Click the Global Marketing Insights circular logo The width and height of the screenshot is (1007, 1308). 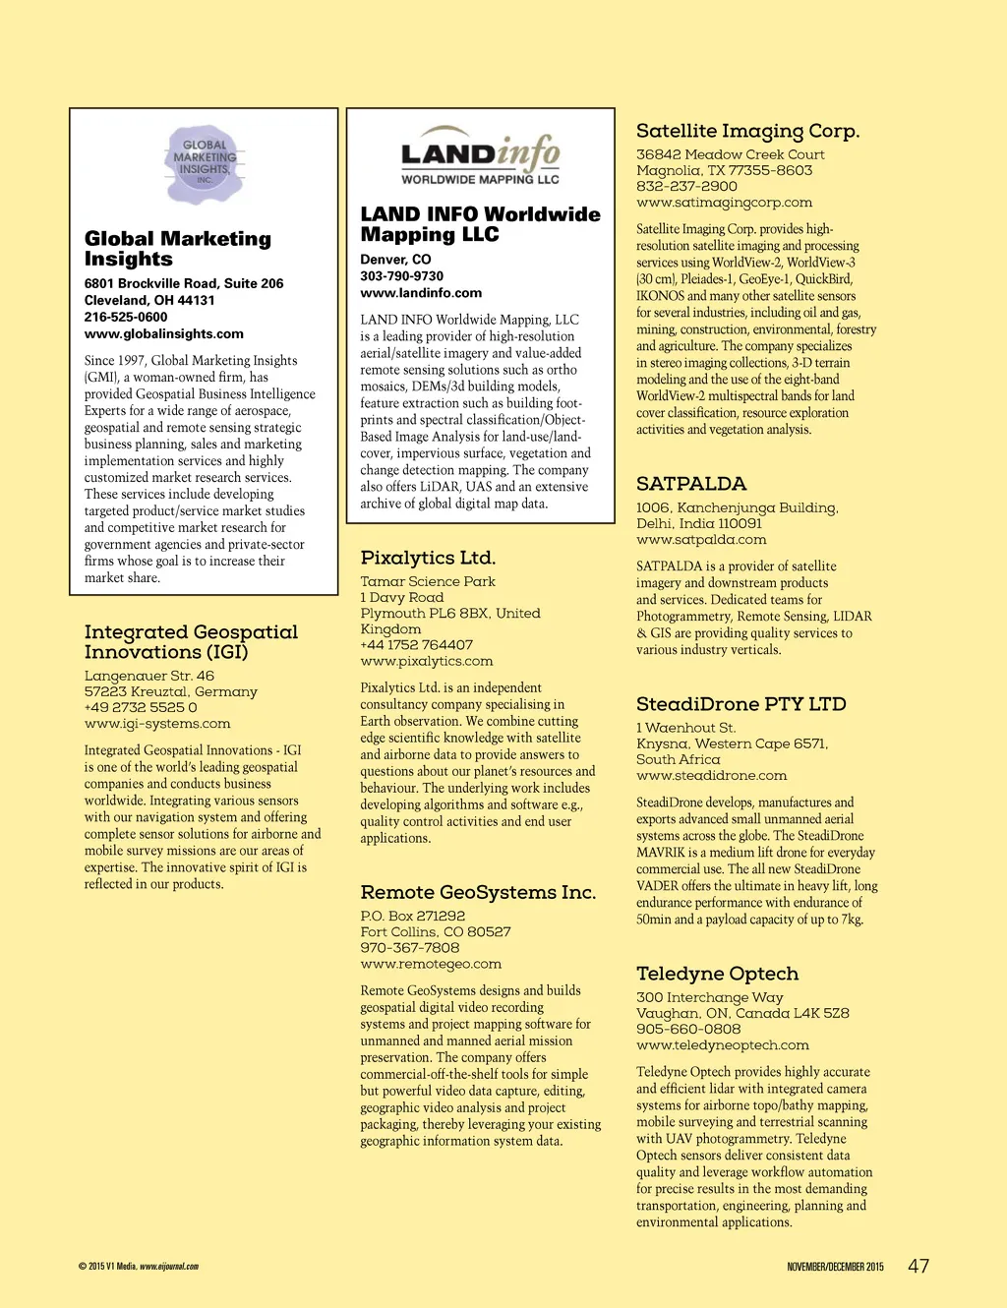coord(204,163)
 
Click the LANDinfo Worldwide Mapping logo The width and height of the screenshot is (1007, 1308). coord(480,155)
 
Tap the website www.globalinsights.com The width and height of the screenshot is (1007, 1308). coord(163,334)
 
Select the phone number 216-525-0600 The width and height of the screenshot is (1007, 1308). coord(126,318)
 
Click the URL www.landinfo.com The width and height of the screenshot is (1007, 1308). coord(421,293)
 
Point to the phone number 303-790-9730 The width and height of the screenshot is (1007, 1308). coord(401,276)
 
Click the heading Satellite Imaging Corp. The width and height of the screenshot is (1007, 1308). coord(747,131)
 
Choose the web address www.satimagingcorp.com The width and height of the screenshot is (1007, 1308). coord(724,203)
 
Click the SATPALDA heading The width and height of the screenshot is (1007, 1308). coord(691,484)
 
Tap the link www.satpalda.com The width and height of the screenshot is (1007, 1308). coord(701,540)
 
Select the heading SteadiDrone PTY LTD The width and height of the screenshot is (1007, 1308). coord(740,704)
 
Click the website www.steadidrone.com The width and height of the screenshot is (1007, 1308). coord(711,776)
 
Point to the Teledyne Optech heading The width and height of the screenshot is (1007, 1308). coord(717,974)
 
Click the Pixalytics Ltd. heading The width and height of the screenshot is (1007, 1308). coord(428,558)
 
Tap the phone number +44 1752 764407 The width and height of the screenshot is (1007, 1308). coord(416,645)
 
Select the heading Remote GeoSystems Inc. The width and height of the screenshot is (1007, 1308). coord(478,892)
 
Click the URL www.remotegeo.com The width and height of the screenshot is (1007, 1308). coord(431,965)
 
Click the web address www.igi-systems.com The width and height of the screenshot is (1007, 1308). coord(157,724)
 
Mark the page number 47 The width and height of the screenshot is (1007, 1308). coord(918,1266)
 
